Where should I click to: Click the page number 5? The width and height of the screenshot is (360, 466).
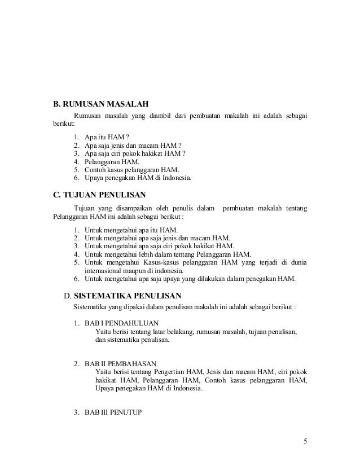click(305, 441)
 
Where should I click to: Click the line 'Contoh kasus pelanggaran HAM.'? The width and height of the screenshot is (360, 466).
click(132, 169)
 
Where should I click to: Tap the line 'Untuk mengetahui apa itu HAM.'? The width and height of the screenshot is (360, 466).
click(131, 230)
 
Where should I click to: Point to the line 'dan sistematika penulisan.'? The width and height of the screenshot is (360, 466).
click(133, 341)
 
